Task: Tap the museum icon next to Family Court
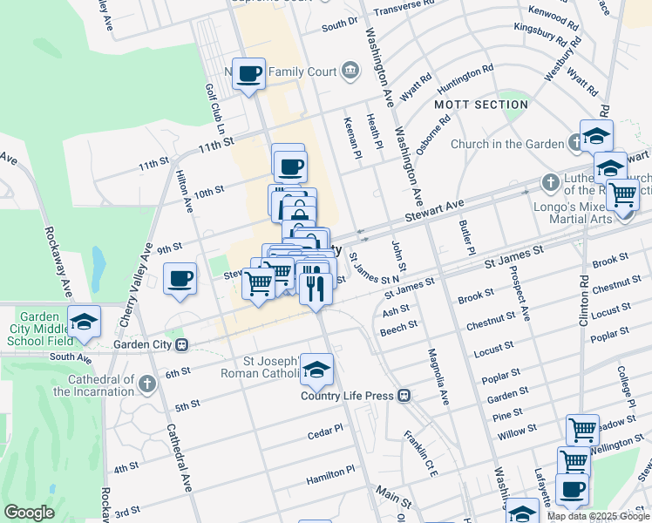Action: [x=350, y=71]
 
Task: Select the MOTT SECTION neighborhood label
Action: [x=481, y=105]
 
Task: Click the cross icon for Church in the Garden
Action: [x=576, y=143]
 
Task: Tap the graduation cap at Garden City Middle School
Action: [x=85, y=323]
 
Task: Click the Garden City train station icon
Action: [x=182, y=344]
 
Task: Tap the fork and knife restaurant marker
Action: [x=315, y=285]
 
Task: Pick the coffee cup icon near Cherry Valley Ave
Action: [x=180, y=280]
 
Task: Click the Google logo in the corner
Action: [x=29, y=513]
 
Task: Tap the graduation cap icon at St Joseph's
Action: [x=317, y=370]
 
